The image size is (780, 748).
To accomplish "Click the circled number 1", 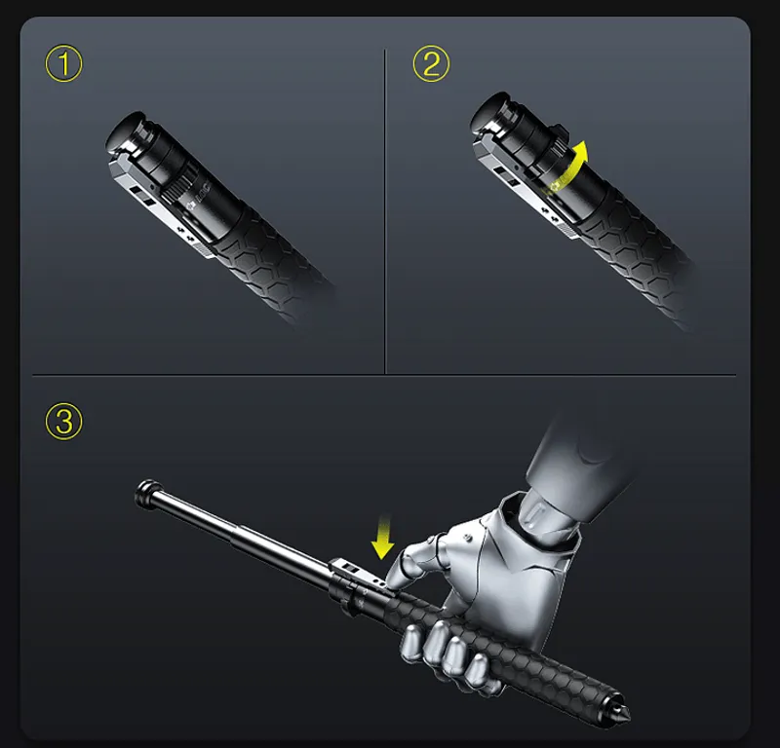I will (x=64, y=65).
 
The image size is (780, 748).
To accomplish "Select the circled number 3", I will (x=64, y=422).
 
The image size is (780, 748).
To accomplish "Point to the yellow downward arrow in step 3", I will (x=384, y=539).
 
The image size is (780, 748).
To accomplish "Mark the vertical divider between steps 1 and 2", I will (x=386, y=209).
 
